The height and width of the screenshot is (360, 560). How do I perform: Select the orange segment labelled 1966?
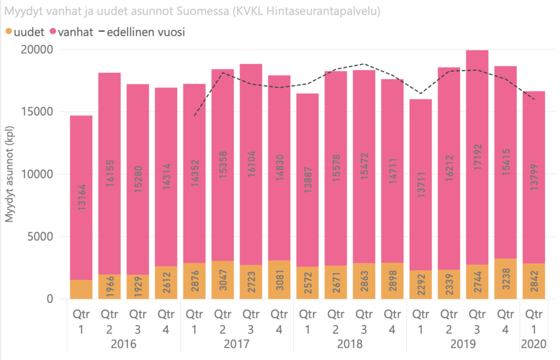(x=110, y=286)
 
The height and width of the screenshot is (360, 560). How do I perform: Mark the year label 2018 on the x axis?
(x=349, y=345)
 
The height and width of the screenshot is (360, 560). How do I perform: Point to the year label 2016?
(x=124, y=345)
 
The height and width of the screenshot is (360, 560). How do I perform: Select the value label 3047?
(x=223, y=281)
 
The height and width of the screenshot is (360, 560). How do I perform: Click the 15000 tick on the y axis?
(x=43, y=112)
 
